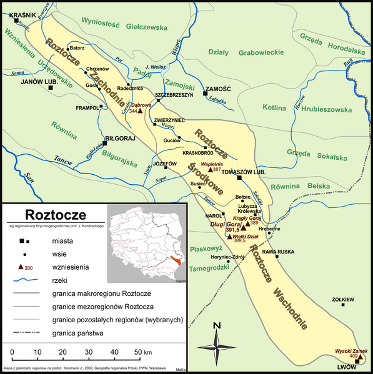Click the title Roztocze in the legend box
[46, 214]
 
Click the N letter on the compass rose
[216, 325]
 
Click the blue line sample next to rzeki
[27, 280]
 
